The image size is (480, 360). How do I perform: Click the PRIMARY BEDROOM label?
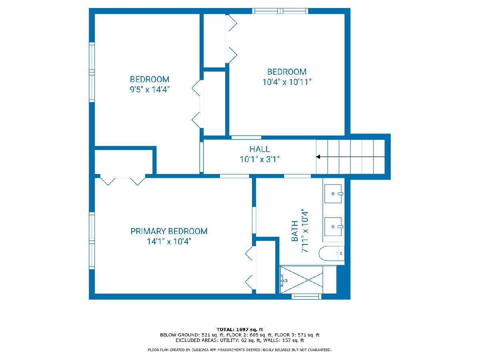[x=169, y=231]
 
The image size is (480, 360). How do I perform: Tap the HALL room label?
[x=260, y=149]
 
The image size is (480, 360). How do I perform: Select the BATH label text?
[x=295, y=231]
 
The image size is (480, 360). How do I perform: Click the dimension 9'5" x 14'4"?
[x=150, y=89]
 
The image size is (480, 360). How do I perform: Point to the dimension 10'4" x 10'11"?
[x=287, y=82]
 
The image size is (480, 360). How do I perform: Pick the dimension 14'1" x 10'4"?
[x=169, y=241]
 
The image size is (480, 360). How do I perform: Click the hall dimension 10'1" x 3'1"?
[x=260, y=159]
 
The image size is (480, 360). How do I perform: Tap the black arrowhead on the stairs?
[x=318, y=157]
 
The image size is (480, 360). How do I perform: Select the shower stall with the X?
[x=302, y=280]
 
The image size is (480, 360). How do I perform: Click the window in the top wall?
[x=280, y=11]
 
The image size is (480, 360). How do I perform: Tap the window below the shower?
[x=306, y=297]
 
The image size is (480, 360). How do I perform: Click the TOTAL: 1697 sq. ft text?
[x=240, y=329]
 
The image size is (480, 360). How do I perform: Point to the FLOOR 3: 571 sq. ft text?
[x=297, y=335]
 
